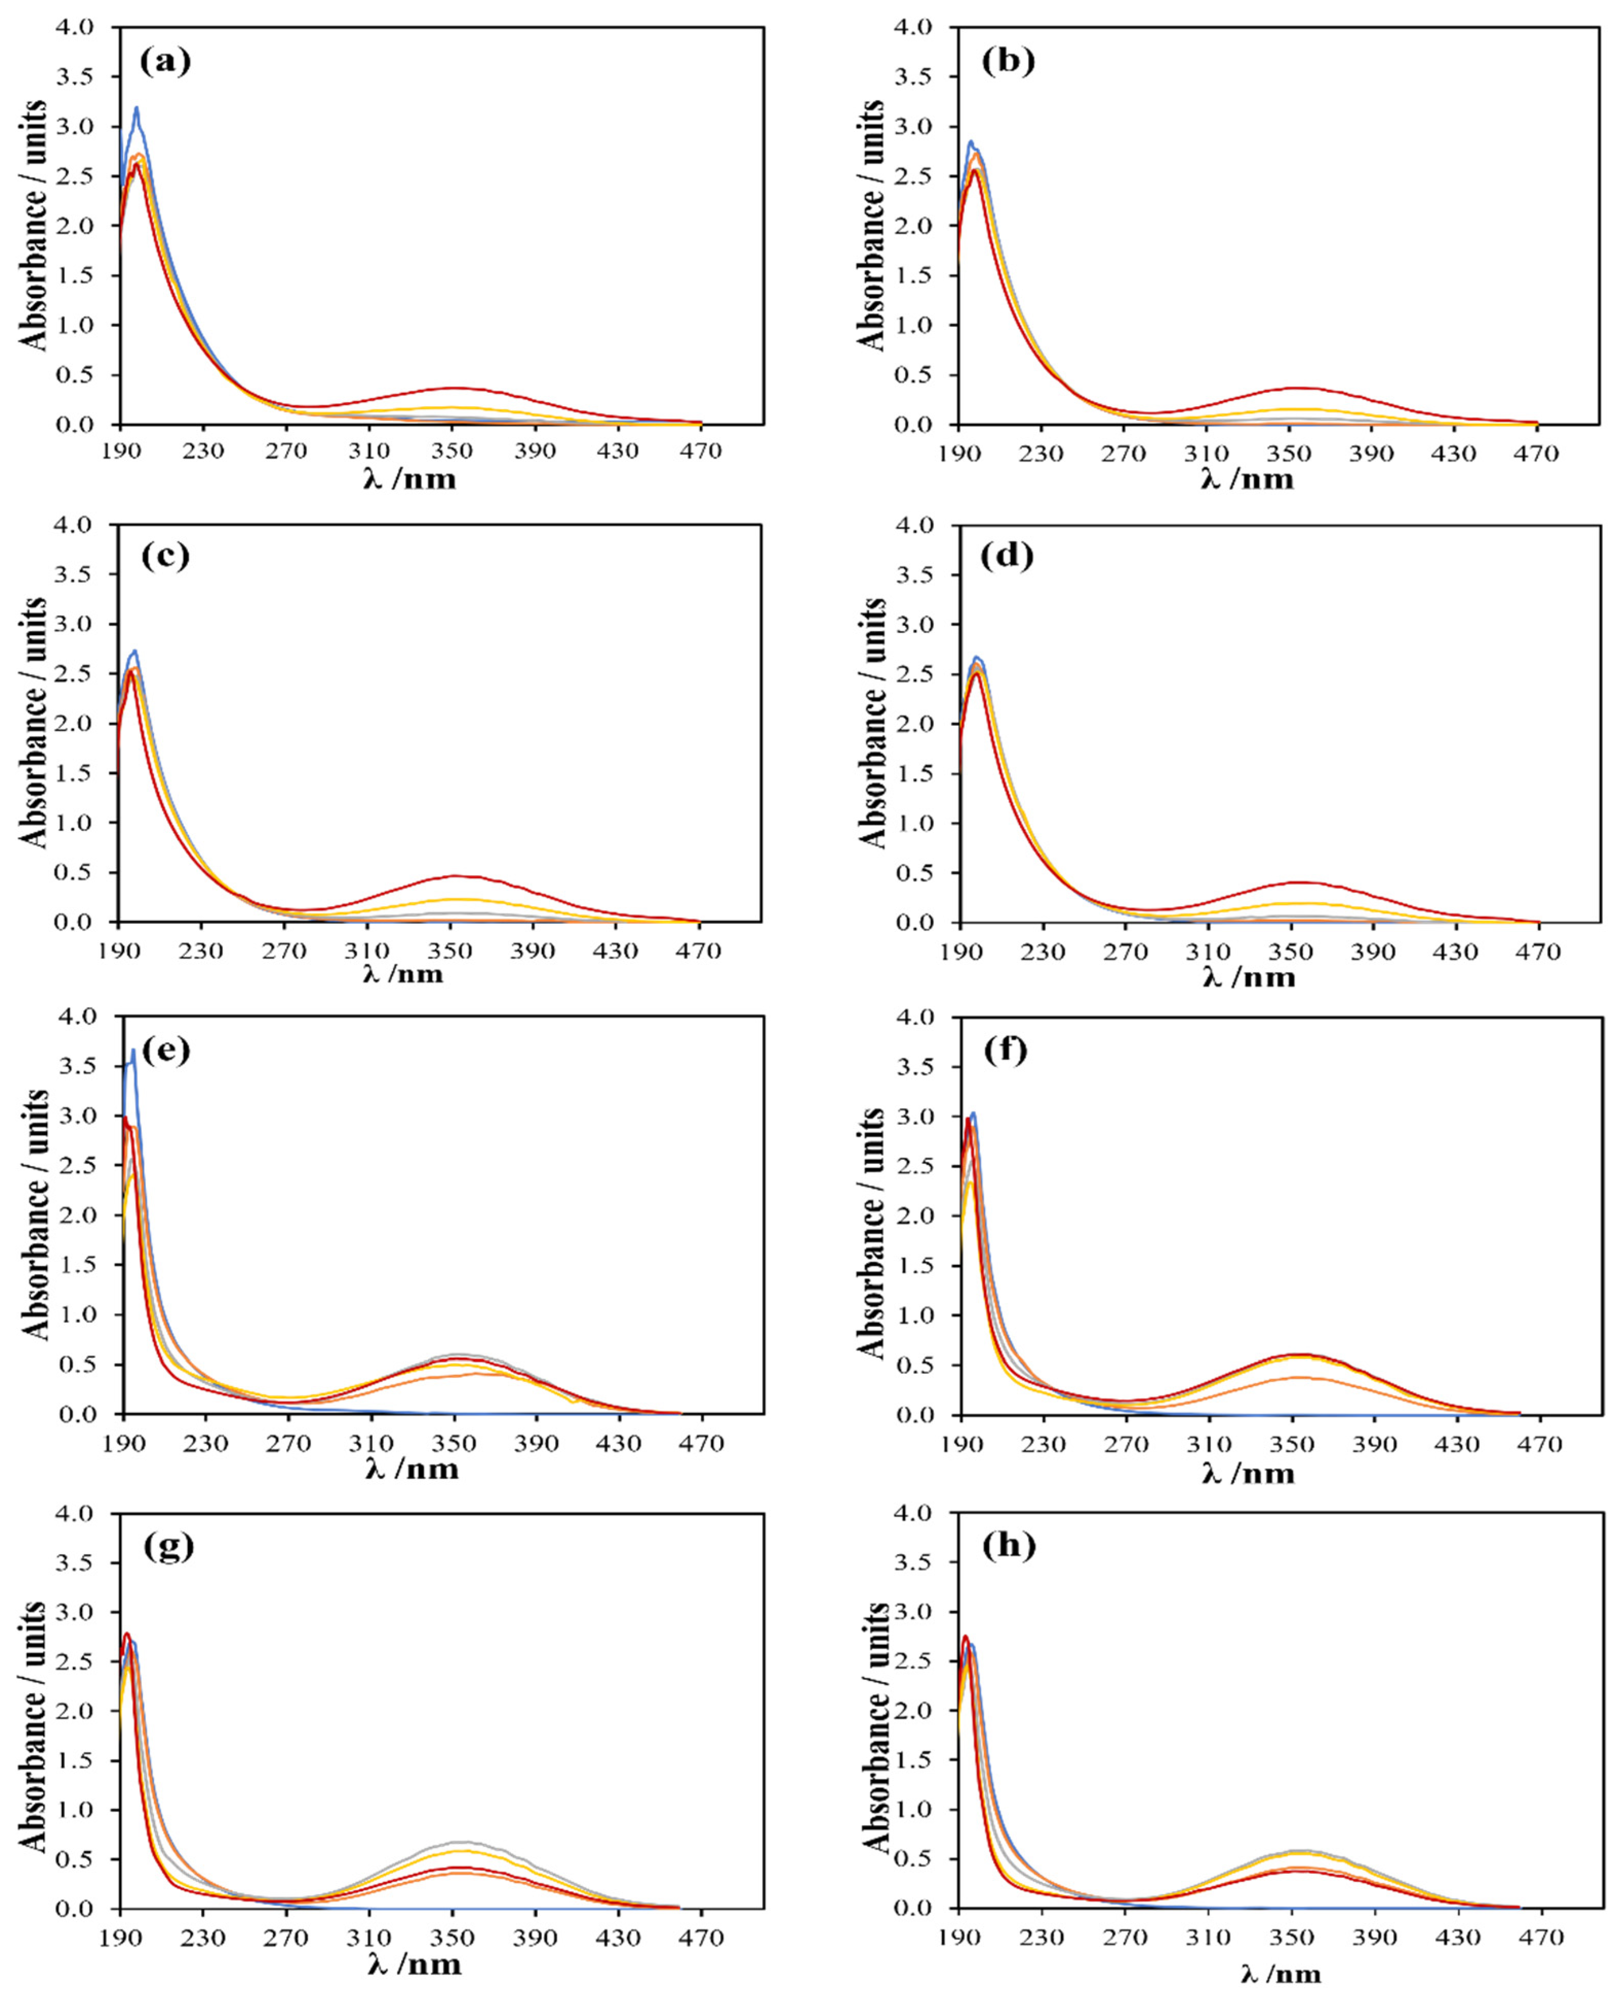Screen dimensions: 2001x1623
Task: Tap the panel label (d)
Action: click(x=1008, y=557)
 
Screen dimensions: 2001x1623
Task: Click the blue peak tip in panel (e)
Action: click(x=134, y=1050)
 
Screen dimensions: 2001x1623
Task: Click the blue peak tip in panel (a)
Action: click(x=136, y=108)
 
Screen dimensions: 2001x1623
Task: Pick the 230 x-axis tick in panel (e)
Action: click(x=207, y=1444)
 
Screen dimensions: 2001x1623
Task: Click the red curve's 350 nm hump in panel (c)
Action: click(x=454, y=876)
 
